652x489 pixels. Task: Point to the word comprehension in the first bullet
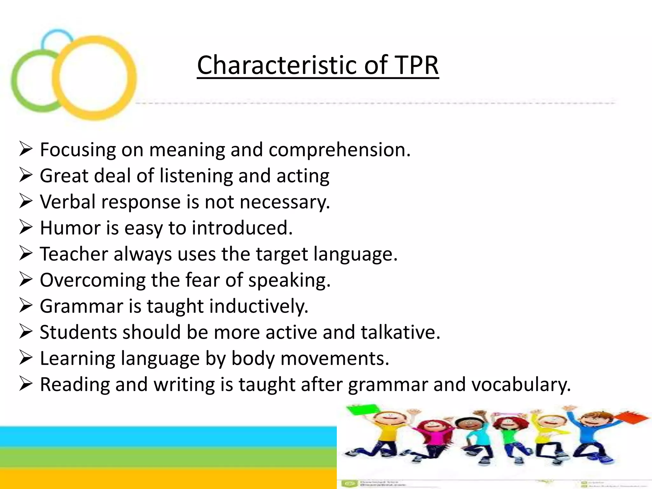point(339,150)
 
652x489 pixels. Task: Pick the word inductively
point(259,306)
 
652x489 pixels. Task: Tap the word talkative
point(400,332)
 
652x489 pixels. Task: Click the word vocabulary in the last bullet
point(521,385)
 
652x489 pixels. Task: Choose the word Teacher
point(74,254)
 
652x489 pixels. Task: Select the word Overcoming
point(92,280)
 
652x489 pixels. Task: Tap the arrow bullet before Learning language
point(25,358)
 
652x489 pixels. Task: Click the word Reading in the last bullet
point(74,385)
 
